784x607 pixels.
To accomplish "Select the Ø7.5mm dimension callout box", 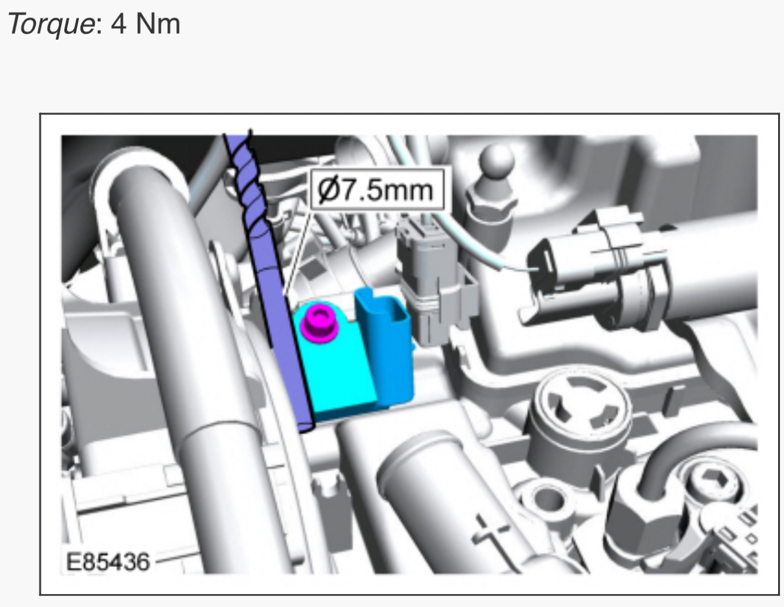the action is [378, 189].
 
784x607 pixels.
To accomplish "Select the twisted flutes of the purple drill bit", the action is [249, 180].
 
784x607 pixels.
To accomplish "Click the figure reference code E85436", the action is [108, 562].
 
